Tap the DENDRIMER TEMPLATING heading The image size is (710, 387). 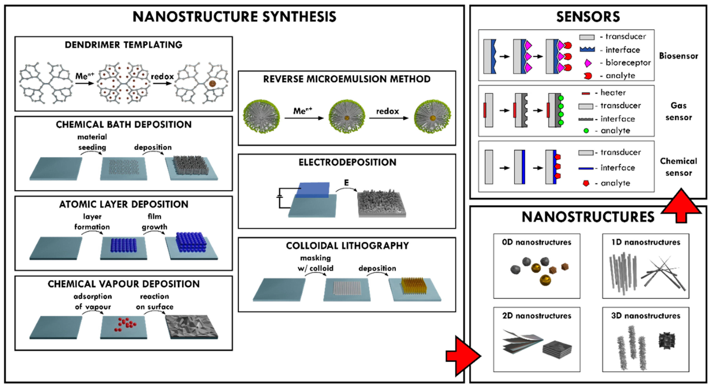[x=124, y=45]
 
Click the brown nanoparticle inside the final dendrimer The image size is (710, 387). [x=212, y=84]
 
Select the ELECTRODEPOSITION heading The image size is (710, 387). [x=347, y=162]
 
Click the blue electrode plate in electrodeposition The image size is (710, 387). [x=313, y=189]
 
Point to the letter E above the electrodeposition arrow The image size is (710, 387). [x=346, y=182]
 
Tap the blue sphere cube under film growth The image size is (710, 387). [x=191, y=242]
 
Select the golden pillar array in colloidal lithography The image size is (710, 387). [x=414, y=285]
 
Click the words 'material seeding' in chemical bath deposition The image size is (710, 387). [x=92, y=142]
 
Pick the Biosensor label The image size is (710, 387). [x=678, y=56]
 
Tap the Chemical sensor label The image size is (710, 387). [x=678, y=167]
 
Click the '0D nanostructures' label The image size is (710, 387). [x=536, y=242]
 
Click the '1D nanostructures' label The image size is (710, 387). [x=646, y=242]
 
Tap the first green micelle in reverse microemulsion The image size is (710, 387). [x=261, y=116]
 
